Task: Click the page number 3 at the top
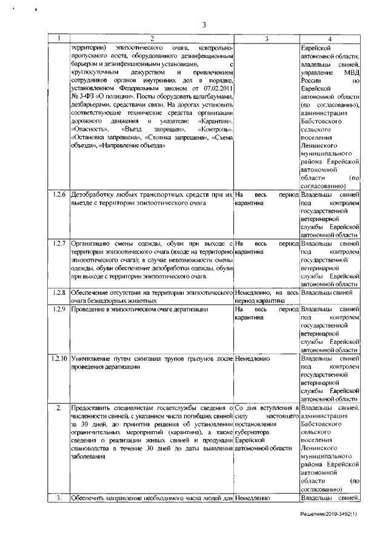pos(204,25)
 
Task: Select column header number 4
pos(330,39)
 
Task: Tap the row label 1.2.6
pos(59,196)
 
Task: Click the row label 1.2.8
pos(59,293)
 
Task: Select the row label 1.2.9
pos(59,309)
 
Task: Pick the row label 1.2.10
pos(59,358)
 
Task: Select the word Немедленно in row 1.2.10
pos(253,358)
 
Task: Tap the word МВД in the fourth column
pos(349,73)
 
